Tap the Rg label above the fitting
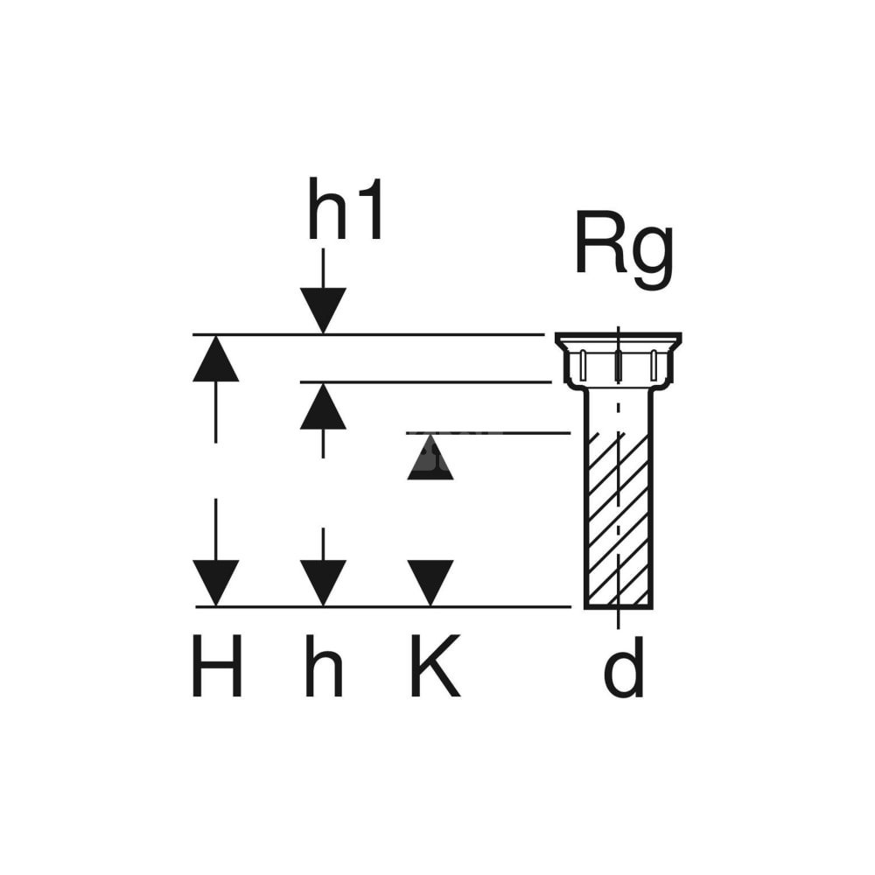click(623, 248)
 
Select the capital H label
click(216, 667)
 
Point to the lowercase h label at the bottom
click(323, 667)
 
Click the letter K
click(433, 667)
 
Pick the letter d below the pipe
click(625, 667)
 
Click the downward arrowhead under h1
click(323, 310)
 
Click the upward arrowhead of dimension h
click(323, 408)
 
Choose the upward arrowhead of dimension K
click(430, 458)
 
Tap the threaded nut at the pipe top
click(618, 366)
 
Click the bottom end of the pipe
click(618, 604)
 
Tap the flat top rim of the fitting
click(618, 337)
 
